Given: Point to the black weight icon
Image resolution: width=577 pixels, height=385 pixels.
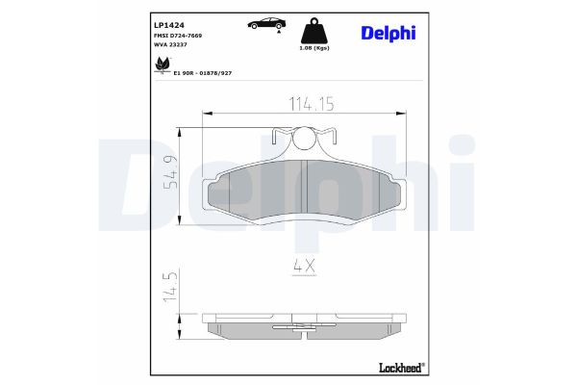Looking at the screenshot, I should pos(315,29).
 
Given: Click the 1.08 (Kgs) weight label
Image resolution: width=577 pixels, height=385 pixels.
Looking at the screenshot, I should pos(314,47).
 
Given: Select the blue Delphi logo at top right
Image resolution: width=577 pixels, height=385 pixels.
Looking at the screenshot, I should pos(389,34).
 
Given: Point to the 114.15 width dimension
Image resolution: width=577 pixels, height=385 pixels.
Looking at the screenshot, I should pos(305,105).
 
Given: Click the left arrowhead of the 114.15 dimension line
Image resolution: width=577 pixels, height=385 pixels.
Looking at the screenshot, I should pos(205,115).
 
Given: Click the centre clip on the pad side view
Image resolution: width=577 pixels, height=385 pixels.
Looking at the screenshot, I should pos(305,330).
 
